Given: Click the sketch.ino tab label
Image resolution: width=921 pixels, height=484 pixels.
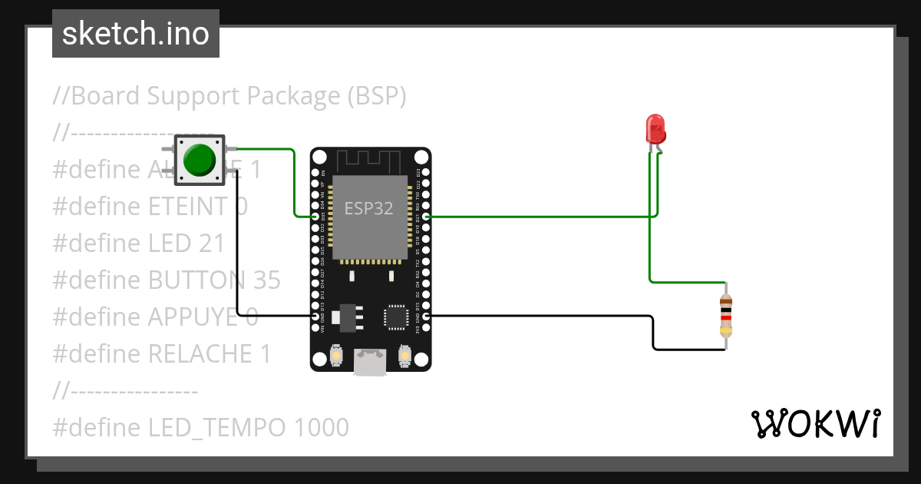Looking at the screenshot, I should point(136,34).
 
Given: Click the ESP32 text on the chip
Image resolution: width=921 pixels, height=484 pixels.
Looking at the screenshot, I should point(368,208).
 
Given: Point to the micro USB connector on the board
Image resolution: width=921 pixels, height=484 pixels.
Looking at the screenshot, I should point(370,363).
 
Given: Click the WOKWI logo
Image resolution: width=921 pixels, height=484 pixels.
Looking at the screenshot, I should point(815,423).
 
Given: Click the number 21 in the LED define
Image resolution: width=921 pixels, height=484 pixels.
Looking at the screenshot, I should point(211,243).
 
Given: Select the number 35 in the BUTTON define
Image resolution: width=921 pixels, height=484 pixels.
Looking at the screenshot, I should point(266,280).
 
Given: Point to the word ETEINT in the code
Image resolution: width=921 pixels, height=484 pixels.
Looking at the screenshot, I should point(188,206).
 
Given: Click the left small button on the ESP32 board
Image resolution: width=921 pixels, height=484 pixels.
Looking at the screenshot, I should point(336,356).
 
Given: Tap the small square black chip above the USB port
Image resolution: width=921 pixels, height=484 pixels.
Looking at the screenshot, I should point(396,317).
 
